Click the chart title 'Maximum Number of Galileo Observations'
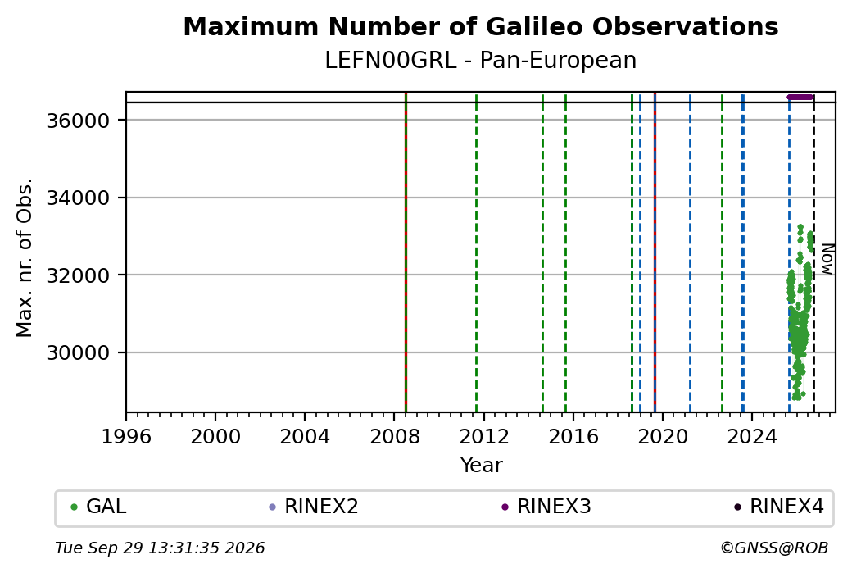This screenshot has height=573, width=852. (481, 26)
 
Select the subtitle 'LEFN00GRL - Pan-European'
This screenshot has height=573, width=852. (481, 61)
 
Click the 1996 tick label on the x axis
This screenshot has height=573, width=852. (126, 436)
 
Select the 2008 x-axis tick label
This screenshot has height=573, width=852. (395, 436)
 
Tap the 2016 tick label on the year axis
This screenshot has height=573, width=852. (573, 436)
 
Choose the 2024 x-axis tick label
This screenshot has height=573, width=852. (752, 436)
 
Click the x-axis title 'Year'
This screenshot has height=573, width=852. (482, 466)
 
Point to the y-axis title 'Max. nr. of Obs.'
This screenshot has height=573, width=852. (25, 257)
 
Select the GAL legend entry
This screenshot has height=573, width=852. (98, 507)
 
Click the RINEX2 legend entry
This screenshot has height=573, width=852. (314, 507)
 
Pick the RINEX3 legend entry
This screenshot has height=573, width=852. (546, 507)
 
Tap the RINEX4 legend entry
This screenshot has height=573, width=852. (778, 507)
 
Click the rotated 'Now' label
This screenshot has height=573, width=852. (827, 259)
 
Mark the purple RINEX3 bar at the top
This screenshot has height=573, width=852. (800, 98)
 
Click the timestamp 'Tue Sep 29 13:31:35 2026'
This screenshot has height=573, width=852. (160, 548)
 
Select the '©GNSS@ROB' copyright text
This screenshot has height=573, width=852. (774, 548)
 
